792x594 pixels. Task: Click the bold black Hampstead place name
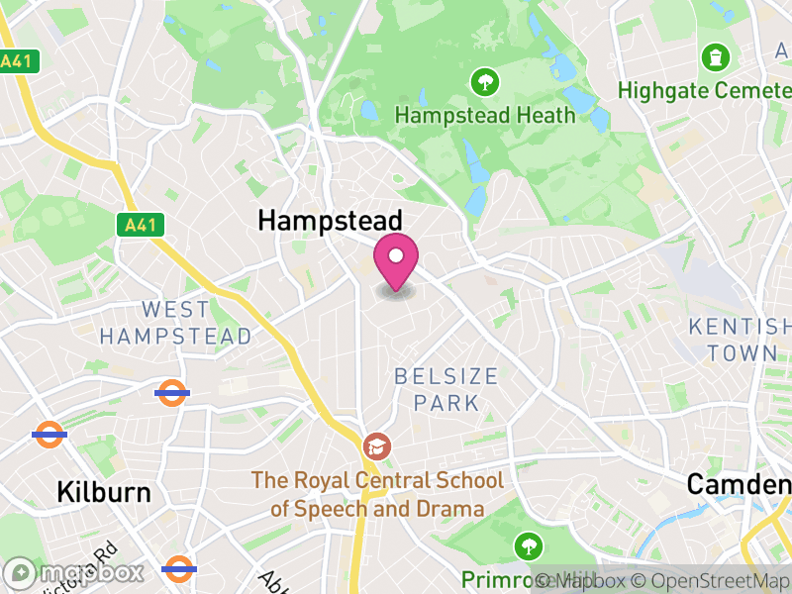coord(331,221)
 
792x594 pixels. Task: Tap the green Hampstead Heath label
coord(485,115)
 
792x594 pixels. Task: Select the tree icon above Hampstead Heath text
coord(484,80)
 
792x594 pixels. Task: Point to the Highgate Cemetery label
coord(704,90)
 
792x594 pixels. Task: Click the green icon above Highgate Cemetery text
coord(713,57)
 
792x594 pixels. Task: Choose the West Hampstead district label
coord(176,323)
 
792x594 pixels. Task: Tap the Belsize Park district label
coord(445,389)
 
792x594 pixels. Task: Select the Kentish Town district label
coord(740,340)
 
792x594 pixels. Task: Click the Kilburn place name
coord(104,492)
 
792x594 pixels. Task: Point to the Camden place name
coord(739,484)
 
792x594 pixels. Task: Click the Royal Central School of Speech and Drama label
coord(376,495)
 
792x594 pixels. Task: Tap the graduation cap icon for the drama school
coord(376,446)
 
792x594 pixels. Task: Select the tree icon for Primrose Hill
coord(529,545)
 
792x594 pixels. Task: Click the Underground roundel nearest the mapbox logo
coord(179,569)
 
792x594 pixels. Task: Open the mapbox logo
coord(74,573)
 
